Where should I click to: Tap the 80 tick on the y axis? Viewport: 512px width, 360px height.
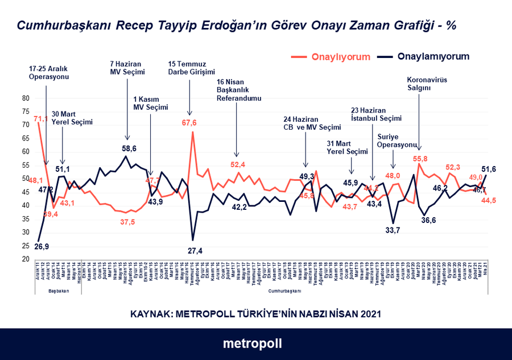26,98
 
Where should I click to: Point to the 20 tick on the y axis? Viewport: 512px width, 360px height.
26,259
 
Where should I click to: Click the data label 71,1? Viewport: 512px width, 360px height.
41,119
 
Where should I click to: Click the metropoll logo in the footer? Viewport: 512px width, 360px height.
252,344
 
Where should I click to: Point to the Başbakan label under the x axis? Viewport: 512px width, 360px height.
59,291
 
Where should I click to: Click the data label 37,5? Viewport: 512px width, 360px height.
127,222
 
